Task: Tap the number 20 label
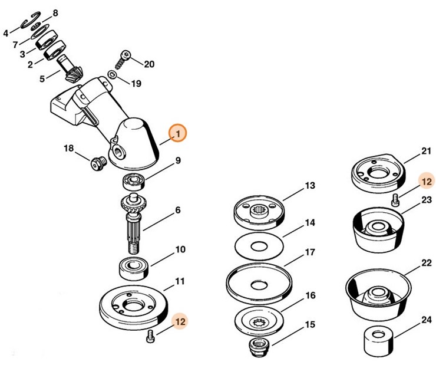click(149, 64)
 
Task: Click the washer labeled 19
click(112, 75)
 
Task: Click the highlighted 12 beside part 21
click(426, 181)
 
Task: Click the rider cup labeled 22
click(375, 295)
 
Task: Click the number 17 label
click(309, 252)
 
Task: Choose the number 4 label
click(6, 33)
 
